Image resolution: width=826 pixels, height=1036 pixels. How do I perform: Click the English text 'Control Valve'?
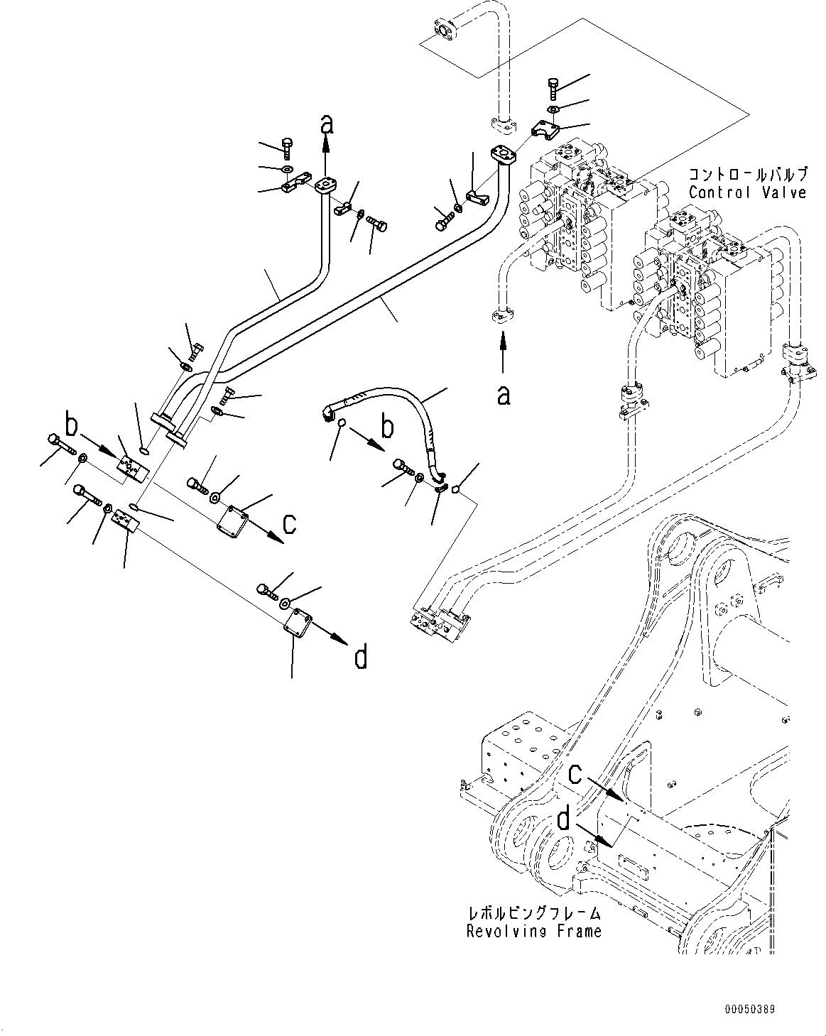pos(747,192)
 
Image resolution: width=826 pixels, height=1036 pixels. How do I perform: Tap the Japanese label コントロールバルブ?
pos(748,174)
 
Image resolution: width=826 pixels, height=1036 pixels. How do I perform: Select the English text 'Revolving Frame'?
pos(534,931)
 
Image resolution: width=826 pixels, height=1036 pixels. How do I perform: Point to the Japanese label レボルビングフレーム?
pos(534,912)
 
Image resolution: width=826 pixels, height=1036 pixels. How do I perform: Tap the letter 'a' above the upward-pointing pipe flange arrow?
pos(327,124)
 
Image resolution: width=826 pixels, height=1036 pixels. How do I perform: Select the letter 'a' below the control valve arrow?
pos(504,396)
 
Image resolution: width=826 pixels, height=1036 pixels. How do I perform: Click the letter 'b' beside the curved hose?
pos(387,427)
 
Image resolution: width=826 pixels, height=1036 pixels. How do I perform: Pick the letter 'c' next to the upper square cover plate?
pos(289,523)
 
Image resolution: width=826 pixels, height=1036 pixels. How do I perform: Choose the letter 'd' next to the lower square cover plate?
pos(360,657)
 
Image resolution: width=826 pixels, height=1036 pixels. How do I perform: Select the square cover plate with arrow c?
pos(232,520)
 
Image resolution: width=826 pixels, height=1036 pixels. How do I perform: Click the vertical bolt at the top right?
pos(553,89)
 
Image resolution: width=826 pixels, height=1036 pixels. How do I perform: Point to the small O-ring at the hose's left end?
pos(341,422)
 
